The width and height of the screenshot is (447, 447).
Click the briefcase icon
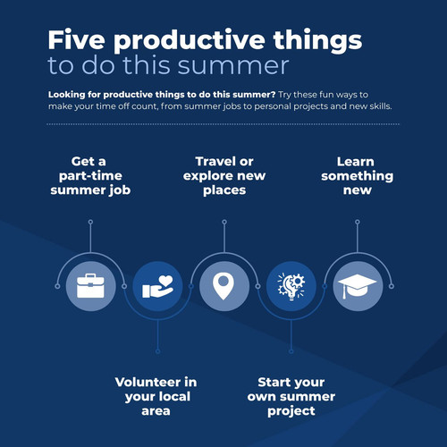[x=90, y=286]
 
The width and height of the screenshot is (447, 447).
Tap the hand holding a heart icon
[x=157, y=287]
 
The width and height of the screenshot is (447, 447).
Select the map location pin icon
[x=223, y=286]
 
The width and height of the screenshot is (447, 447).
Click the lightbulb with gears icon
[x=291, y=287]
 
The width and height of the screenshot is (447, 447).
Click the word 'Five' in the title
[x=77, y=40]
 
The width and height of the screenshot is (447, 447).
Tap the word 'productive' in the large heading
[x=190, y=42]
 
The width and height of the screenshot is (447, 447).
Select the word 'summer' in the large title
[x=233, y=65]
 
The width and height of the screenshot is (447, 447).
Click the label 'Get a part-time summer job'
[x=90, y=176]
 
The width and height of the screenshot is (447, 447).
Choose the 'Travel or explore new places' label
[x=224, y=176]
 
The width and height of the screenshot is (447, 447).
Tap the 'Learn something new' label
[x=358, y=176]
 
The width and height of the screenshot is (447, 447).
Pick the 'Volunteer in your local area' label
[x=156, y=396]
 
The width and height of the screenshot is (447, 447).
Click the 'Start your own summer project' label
[x=291, y=397]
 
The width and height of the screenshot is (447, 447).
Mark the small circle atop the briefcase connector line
[x=90, y=222]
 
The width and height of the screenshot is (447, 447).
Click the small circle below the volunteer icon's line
[x=157, y=351]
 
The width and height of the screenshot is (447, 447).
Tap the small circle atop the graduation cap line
[x=358, y=222]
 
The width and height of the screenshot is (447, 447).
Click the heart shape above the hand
[x=165, y=282]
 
